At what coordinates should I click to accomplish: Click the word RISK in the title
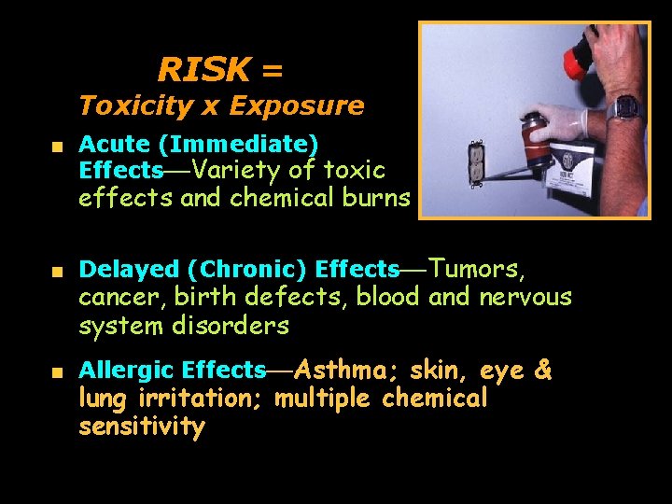click(203, 69)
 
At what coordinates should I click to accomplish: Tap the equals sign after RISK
click(272, 70)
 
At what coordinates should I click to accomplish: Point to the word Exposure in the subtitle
click(296, 105)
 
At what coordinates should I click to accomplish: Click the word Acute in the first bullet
click(115, 145)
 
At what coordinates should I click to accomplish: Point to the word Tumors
click(478, 269)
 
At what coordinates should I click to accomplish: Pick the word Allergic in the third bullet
click(127, 371)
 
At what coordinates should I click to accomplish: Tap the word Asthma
click(349, 371)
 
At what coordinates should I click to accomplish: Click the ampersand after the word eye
click(542, 371)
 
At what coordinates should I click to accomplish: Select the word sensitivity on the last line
click(141, 427)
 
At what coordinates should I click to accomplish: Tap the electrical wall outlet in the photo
click(476, 162)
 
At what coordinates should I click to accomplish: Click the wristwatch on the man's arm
click(624, 105)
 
